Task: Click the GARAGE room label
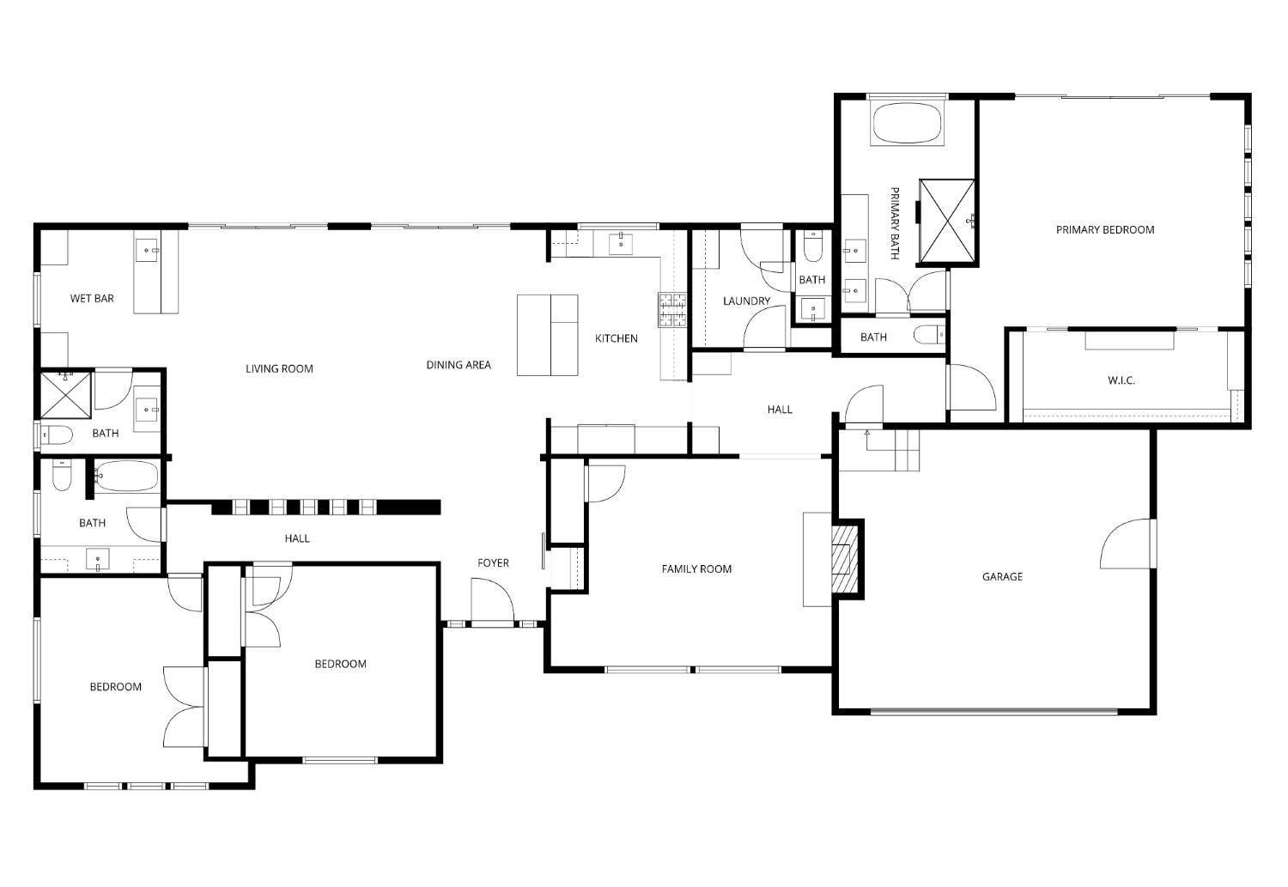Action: click(1002, 577)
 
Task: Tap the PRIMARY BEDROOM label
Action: click(1104, 230)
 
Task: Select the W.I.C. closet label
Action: click(1121, 380)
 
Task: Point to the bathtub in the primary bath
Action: click(907, 124)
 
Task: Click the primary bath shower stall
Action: click(946, 221)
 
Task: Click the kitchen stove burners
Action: click(672, 310)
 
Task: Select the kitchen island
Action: click(547, 335)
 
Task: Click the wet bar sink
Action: click(148, 251)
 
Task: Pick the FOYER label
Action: click(493, 563)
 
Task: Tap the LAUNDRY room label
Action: click(746, 301)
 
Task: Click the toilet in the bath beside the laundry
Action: click(812, 249)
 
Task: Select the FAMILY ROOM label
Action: click(696, 569)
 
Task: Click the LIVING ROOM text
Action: click(279, 369)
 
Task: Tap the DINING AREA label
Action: click(459, 365)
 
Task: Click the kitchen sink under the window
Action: click(621, 244)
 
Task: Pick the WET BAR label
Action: click(92, 299)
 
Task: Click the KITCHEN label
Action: click(617, 338)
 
